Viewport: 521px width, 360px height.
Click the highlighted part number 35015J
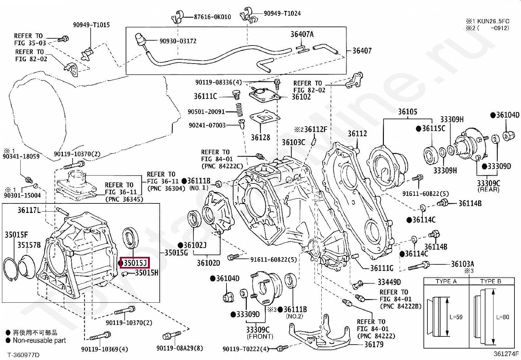tap(135, 263)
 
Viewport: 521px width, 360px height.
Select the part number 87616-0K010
tap(212, 17)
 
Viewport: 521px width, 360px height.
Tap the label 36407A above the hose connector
tap(302, 34)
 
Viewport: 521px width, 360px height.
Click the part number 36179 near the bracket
tap(374, 344)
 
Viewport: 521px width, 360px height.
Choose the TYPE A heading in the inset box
tap(446, 281)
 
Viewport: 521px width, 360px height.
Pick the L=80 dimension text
tap(503, 317)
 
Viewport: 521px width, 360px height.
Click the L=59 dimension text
tap(456, 317)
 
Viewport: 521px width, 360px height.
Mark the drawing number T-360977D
tap(24, 355)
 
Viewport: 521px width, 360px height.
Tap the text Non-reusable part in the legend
tap(39, 340)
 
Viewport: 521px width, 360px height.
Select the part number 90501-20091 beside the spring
tap(206, 112)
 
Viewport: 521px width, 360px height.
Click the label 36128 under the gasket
tap(260, 137)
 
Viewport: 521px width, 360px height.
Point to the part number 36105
tap(407, 112)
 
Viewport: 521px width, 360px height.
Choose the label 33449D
tap(389, 282)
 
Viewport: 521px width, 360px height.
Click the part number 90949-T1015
tap(91, 25)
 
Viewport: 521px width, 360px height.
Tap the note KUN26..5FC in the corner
tap(493, 21)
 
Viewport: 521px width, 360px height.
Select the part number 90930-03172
tap(178, 41)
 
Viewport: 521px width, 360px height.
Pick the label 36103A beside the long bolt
tap(462, 264)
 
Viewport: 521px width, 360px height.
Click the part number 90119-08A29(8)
tap(180, 348)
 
